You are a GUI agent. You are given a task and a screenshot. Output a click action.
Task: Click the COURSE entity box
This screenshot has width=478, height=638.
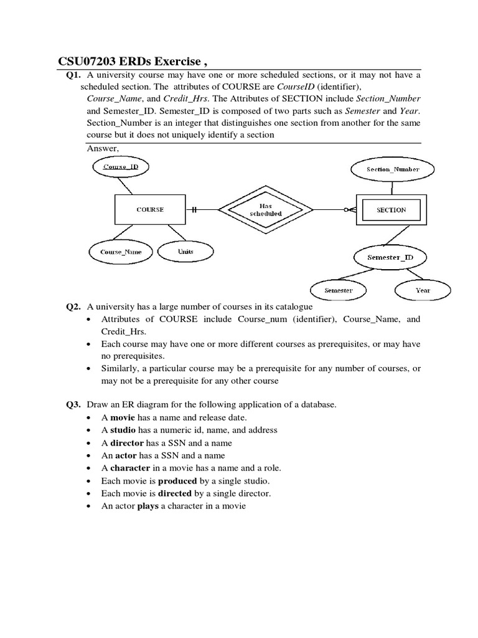click(x=149, y=210)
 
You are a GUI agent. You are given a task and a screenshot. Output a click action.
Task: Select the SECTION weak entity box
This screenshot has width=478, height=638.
click(x=391, y=210)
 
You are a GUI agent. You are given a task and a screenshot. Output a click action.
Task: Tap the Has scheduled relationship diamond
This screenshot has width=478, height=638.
click(x=265, y=209)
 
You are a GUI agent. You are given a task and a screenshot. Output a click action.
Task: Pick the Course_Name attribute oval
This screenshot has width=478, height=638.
click(x=121, y=252)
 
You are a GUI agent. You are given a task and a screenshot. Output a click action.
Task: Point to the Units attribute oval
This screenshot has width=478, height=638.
click(x=185, y=252)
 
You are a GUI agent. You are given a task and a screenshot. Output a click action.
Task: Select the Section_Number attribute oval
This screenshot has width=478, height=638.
click(x=393, y=169)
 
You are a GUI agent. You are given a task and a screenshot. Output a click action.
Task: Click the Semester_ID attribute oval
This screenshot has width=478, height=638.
click(x=390, y=257)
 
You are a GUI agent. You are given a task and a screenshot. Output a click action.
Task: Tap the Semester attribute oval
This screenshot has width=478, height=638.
click(x=339, y=290)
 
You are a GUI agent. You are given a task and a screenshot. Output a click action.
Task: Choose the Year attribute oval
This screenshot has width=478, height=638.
click(x=423, y=290)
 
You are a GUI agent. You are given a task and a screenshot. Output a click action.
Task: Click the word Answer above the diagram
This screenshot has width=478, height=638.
click(x=102, y=148)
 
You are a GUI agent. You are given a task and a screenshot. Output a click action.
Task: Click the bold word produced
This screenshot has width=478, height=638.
click(x=177, y=481)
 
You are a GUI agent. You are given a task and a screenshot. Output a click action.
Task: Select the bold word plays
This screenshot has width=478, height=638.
click(x=148, y=506)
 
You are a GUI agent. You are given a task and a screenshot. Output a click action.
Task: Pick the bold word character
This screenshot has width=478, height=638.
click(x=130, y=468)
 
